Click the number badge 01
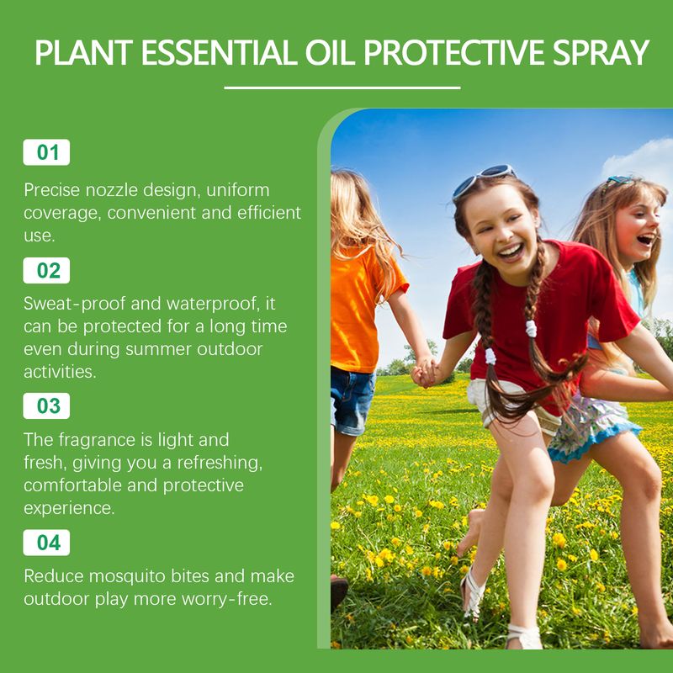(x=46, y=152)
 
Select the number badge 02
(x=46, y=271)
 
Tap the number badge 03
(x=46, y=405)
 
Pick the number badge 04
(x=46, y=543)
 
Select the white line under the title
(x=342, y=87)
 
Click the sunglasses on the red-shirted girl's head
(x=483, y=179)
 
